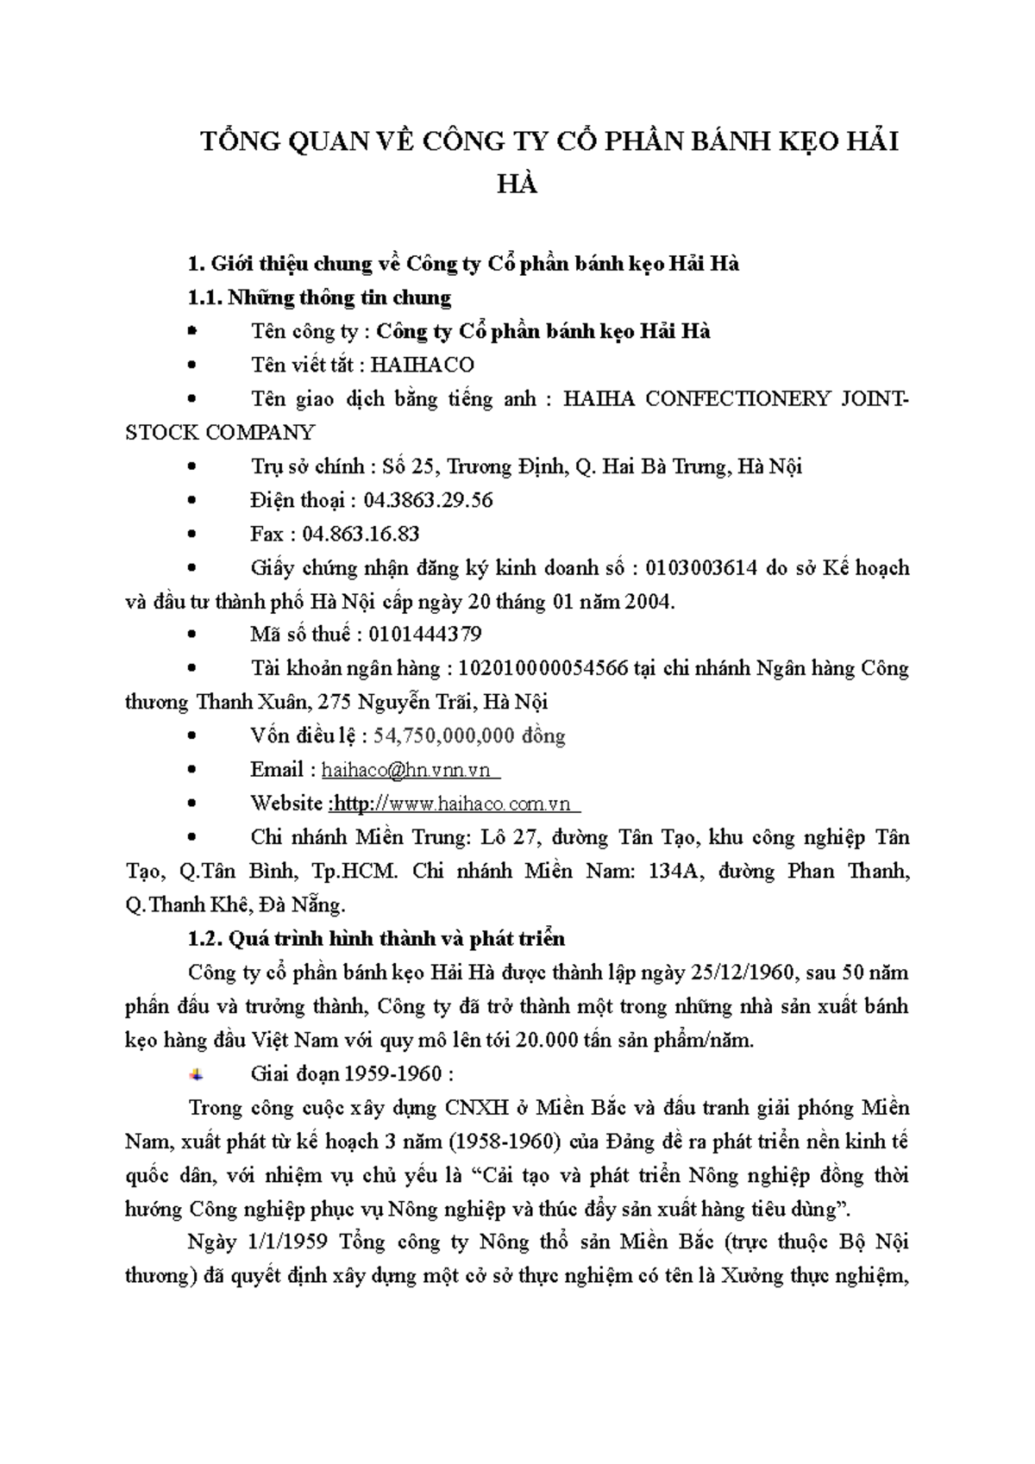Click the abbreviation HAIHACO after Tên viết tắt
[422, 365]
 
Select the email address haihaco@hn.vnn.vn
[405, 770]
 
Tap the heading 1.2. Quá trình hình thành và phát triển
[376, 938]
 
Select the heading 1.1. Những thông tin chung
[319, 297]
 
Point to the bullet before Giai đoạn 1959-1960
[196, 1074]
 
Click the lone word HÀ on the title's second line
[517, 185]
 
